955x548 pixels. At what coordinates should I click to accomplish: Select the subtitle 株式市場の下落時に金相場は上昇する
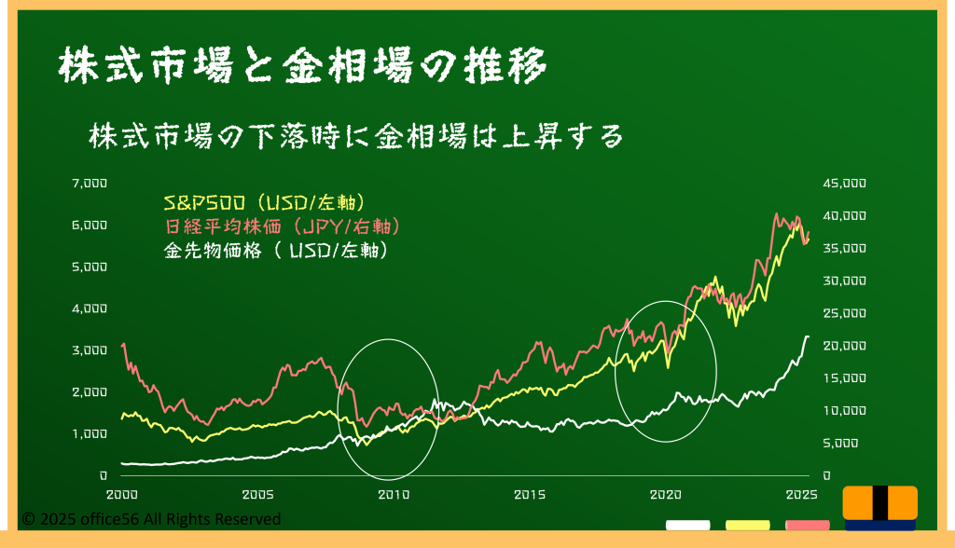(x=356, y=136)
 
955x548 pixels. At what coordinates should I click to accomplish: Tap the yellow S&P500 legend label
(x=265, y=202)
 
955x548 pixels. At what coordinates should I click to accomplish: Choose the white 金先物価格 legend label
(x=276, y=251)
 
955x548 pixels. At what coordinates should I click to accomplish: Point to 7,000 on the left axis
(x=90, y=183)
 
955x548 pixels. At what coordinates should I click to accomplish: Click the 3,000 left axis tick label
(x=90, y=350)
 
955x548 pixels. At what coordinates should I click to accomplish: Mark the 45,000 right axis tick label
(x=845, y=184)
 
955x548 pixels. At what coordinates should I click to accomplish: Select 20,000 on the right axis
(x=845, y=346)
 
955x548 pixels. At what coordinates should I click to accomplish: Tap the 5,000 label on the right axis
(x=840, y=444)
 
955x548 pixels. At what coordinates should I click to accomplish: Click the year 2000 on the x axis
(x=122, y=495)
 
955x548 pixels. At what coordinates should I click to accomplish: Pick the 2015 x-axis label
(x=530, y=495)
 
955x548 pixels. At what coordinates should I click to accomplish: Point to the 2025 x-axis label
(x=802, y=495)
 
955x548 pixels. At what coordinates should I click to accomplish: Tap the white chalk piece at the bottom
(x=687, y=526)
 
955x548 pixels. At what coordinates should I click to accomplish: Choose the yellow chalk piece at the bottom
(x=748, y=526)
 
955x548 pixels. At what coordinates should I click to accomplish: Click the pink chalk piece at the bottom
(x=808, y=526)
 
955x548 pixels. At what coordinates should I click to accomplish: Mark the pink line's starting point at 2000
(x=122, y=345)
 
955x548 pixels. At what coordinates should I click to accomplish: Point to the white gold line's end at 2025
(x=809, y=336)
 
